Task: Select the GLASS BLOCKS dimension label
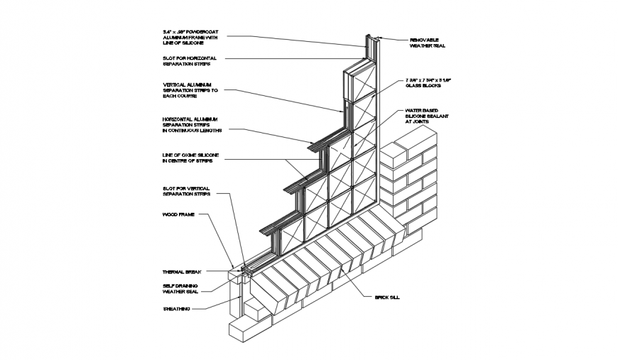pos(428,82)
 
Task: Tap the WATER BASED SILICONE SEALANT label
pos(426,116)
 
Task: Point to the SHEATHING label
pos(176,308)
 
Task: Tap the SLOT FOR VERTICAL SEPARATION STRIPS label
pos(187,190)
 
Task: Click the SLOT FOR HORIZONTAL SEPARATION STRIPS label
pos(189,60)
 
